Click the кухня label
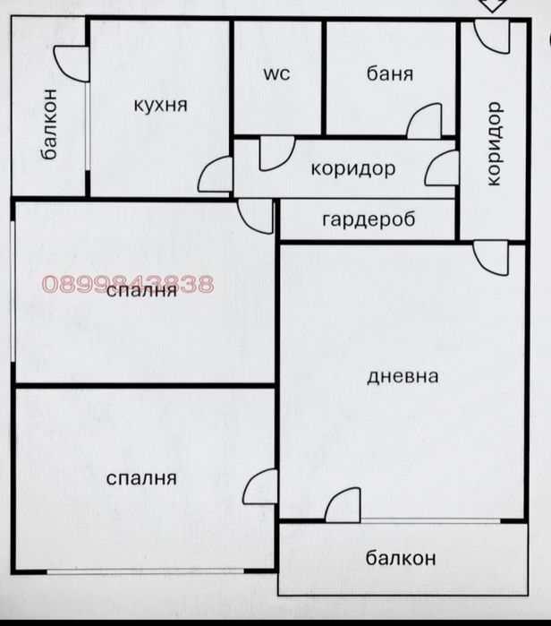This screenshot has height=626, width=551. point(160,105)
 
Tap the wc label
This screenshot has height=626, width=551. point(276,74)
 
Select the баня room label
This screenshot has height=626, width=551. point(389,73)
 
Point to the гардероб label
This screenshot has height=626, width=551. point(369,219)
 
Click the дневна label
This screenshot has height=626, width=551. point(403,376)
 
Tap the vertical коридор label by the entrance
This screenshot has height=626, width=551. point(494,143)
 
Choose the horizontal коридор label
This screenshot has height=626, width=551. point(353,169)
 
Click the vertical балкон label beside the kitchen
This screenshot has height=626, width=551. point(49,124)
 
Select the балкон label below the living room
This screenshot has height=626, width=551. point(401,558)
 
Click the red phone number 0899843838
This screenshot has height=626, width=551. point(128,284)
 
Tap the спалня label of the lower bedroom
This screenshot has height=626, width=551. point(141,478)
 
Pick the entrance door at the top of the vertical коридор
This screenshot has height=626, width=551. point(492,36)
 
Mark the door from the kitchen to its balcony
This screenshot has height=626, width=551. point(72,64)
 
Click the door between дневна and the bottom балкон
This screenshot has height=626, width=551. point(343,504)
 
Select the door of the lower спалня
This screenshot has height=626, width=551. point(260,486)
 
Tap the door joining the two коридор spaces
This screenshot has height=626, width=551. point(442,168)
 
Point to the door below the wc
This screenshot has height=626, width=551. point(277,154)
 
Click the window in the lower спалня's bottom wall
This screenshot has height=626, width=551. point(146,571)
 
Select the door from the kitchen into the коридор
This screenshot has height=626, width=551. point(216,175)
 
